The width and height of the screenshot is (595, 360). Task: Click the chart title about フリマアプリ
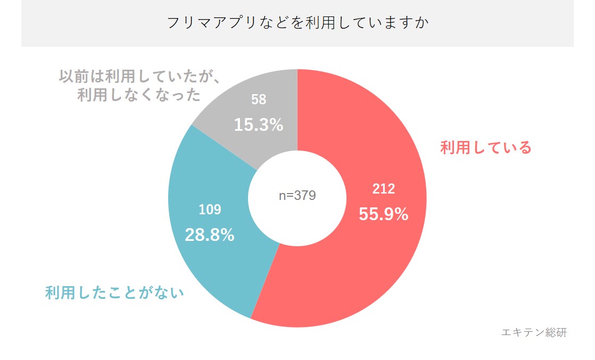click(297, 23)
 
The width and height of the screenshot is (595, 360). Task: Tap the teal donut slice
click(213, 255)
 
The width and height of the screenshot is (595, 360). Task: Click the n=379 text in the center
click(297, 196)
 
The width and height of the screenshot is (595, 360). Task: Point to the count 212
click(383, 189)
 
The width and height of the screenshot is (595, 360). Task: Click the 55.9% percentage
click(383, 214)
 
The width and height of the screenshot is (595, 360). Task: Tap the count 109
click(210, 210)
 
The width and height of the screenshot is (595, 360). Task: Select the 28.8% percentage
click(210, 235)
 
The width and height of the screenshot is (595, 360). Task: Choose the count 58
click(258, 99)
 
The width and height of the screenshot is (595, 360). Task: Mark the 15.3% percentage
click(258, 125)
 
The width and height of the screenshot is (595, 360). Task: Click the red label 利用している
click(486, 147)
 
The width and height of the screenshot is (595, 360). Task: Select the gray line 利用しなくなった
click(139, 95)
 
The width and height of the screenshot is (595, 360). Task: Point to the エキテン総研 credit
click(534, 332)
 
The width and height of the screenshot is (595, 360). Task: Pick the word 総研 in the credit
click(556, 332)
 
